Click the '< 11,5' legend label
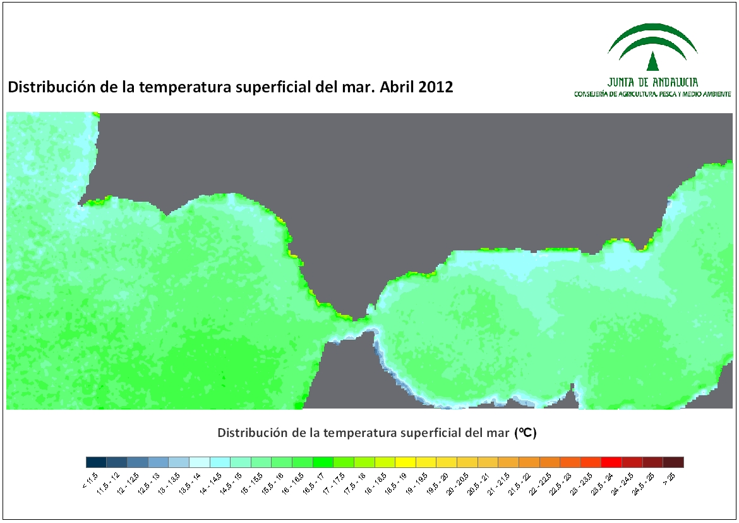[x=90, y=481]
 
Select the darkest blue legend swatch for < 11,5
[x=96, y=462]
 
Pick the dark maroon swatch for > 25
[x=673, y=462]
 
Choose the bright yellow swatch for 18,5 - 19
[x=406, y=462]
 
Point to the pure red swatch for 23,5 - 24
[x=611, y=462]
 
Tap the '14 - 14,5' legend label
[x=211, y=483]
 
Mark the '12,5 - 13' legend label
[x=149, y=483]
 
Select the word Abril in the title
[x=397, y=87]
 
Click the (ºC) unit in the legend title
[x=526, y=433]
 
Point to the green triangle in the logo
[x=652, y=61]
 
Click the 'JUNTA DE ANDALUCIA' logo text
[x=652, y=82]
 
